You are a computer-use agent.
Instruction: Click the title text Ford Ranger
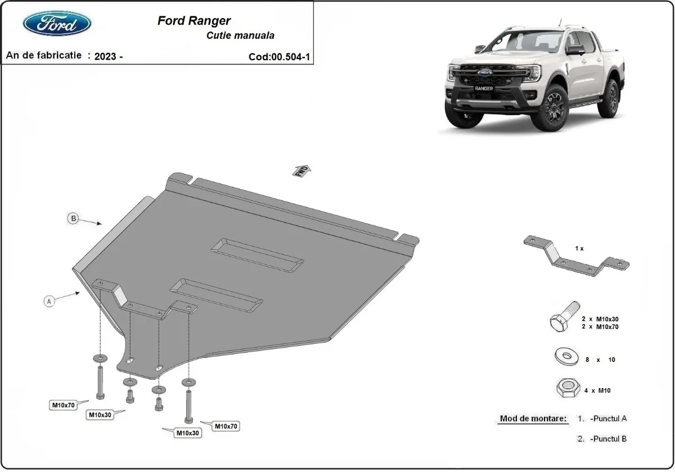click(x=193, y=21)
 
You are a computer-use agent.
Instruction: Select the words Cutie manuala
click(x=240, y=35)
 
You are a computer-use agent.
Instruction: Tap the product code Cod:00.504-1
click(x=278, y=57)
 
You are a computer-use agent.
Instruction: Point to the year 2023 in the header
click(x=106, y=56)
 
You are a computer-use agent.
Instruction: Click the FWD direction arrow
click(x=301, y=170)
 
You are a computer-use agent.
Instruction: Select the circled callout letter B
click(x=73, y=219)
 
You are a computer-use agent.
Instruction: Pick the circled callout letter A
click(x=49, y=302)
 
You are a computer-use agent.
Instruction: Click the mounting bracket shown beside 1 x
click(x=576, y=256)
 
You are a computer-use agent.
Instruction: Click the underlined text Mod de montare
click(x=533, y=419)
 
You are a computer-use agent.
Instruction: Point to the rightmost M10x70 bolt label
click(x=224, y=426)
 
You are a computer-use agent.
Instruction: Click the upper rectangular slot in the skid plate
click(x=258, y=256)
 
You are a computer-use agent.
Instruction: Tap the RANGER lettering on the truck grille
click(x=483, y=89)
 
